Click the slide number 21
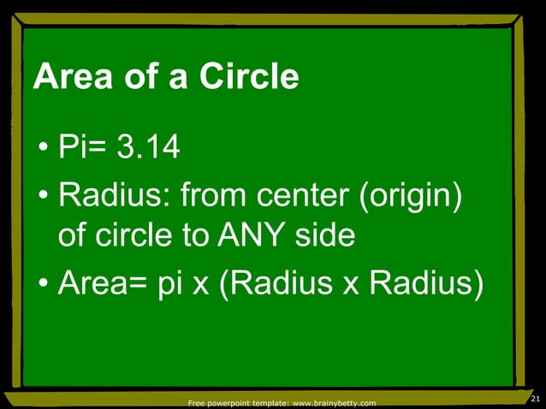click(x=536, y=400)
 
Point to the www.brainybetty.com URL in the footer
click(x=335, y=402)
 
